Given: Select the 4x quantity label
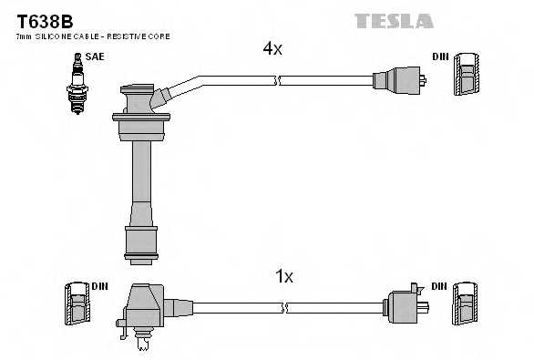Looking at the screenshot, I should (272, 49).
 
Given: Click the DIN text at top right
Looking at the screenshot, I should (440, 57).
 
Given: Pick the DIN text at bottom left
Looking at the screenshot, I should (99, 286).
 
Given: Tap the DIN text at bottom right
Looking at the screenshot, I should (440, 286).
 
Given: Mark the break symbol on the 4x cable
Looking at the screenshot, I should (278, 81).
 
